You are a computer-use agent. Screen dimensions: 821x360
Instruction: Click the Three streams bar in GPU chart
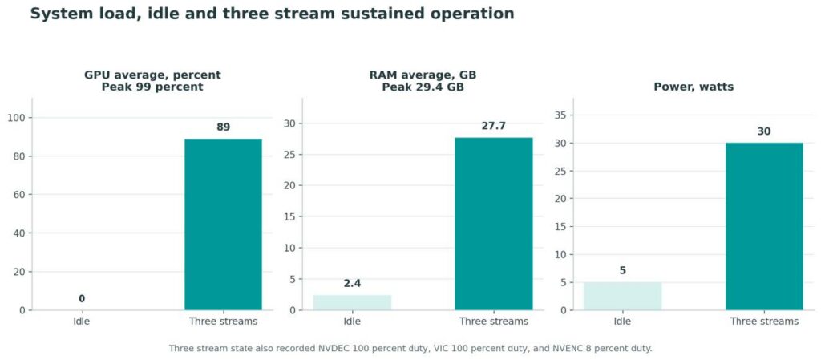click(x=223, y=224)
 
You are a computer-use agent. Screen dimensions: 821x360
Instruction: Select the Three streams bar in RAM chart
click(x=494, y=224)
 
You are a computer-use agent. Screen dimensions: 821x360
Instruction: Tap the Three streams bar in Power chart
click(x=764, y=227)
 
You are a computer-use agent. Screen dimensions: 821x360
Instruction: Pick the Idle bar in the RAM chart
click(x=353, y=302)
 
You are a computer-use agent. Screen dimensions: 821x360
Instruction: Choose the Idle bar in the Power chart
click(x=622, y=296)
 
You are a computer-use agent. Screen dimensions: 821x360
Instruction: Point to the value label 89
click(x=224, y=127)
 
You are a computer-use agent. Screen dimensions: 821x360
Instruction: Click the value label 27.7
click(x=494, y=126)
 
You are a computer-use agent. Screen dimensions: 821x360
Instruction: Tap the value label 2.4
click(x=353, y=284)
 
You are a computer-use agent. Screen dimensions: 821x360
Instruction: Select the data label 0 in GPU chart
click(x=82, y=299)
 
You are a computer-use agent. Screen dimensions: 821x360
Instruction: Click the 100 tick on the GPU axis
click(x=18, y=118)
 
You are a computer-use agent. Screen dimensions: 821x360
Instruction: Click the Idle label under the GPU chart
click(x=82, y=322)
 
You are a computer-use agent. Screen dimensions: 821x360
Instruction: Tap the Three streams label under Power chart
click(x=764, y=322)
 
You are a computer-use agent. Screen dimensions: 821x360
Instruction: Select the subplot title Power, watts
click(x=694, y=87)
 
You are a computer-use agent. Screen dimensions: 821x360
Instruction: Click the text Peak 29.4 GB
click(x=423, y=87)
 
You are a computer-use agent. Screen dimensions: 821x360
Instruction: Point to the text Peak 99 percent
click(x=152, y=87)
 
